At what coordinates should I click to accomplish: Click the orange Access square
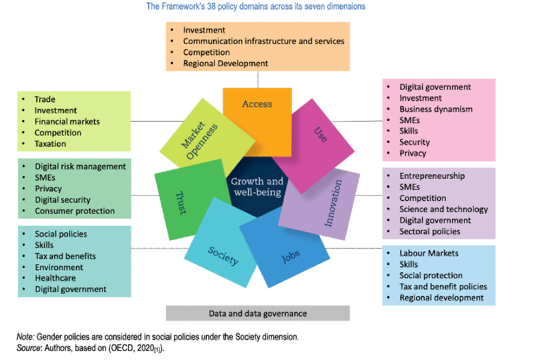tap(257, 108)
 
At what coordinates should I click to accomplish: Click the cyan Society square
tap(223, 255)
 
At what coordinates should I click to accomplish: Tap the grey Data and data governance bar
tap(258, 313)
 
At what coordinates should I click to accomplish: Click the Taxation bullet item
tap(51, 144)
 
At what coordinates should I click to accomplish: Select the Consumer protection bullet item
tap(75, 211)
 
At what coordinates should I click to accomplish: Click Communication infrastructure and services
tap(264, 41)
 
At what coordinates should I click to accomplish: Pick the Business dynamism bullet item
tap(436, 109)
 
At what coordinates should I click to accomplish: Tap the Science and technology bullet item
tap(444, 209)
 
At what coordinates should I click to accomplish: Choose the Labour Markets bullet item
tap(428, 253)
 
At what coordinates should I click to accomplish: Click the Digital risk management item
tap(80, 166)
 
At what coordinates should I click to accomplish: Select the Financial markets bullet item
tap(67, 122)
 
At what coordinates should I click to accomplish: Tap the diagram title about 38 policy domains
tap(256, 7)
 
